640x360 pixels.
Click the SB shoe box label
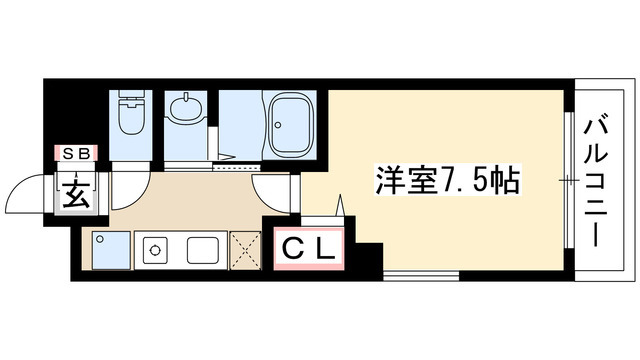pyautogui.click(x=75, y=153)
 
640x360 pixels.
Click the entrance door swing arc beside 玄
pyautogui.click(x=31, y=191)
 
